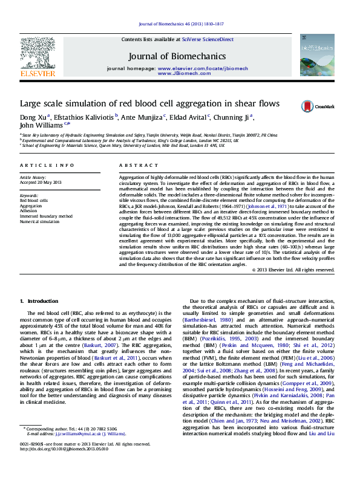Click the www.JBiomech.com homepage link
tap(184, 73)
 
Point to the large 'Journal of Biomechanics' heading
tap(177, 56)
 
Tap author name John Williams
tap(42, 126)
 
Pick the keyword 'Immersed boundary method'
tap(47, 216)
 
